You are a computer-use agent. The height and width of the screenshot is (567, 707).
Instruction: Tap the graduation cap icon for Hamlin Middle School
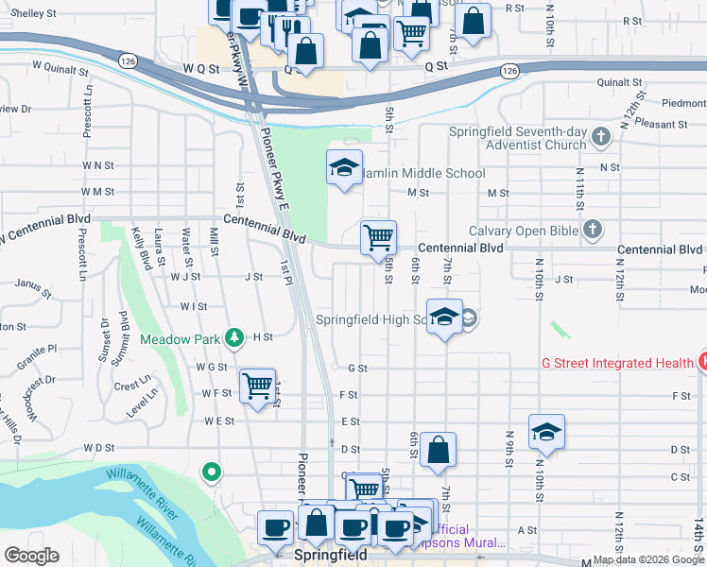(344, 168)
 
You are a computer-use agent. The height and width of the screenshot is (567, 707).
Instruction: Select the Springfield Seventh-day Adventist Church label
(518, 138)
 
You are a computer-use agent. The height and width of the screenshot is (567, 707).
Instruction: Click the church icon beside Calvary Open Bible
(593, 229)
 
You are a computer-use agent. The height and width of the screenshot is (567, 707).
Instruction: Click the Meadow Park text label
(181, 339)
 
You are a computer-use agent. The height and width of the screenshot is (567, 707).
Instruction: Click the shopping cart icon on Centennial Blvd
(378, 236)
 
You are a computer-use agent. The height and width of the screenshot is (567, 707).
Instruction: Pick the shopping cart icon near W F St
(257, 387)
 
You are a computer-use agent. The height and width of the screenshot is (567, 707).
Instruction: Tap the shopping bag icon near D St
(438, 451)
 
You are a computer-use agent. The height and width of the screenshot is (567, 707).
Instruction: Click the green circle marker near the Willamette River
(212, 471)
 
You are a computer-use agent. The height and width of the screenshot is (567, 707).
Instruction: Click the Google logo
(31, 556)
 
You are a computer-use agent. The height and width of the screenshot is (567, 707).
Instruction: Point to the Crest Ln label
(132, 385)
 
